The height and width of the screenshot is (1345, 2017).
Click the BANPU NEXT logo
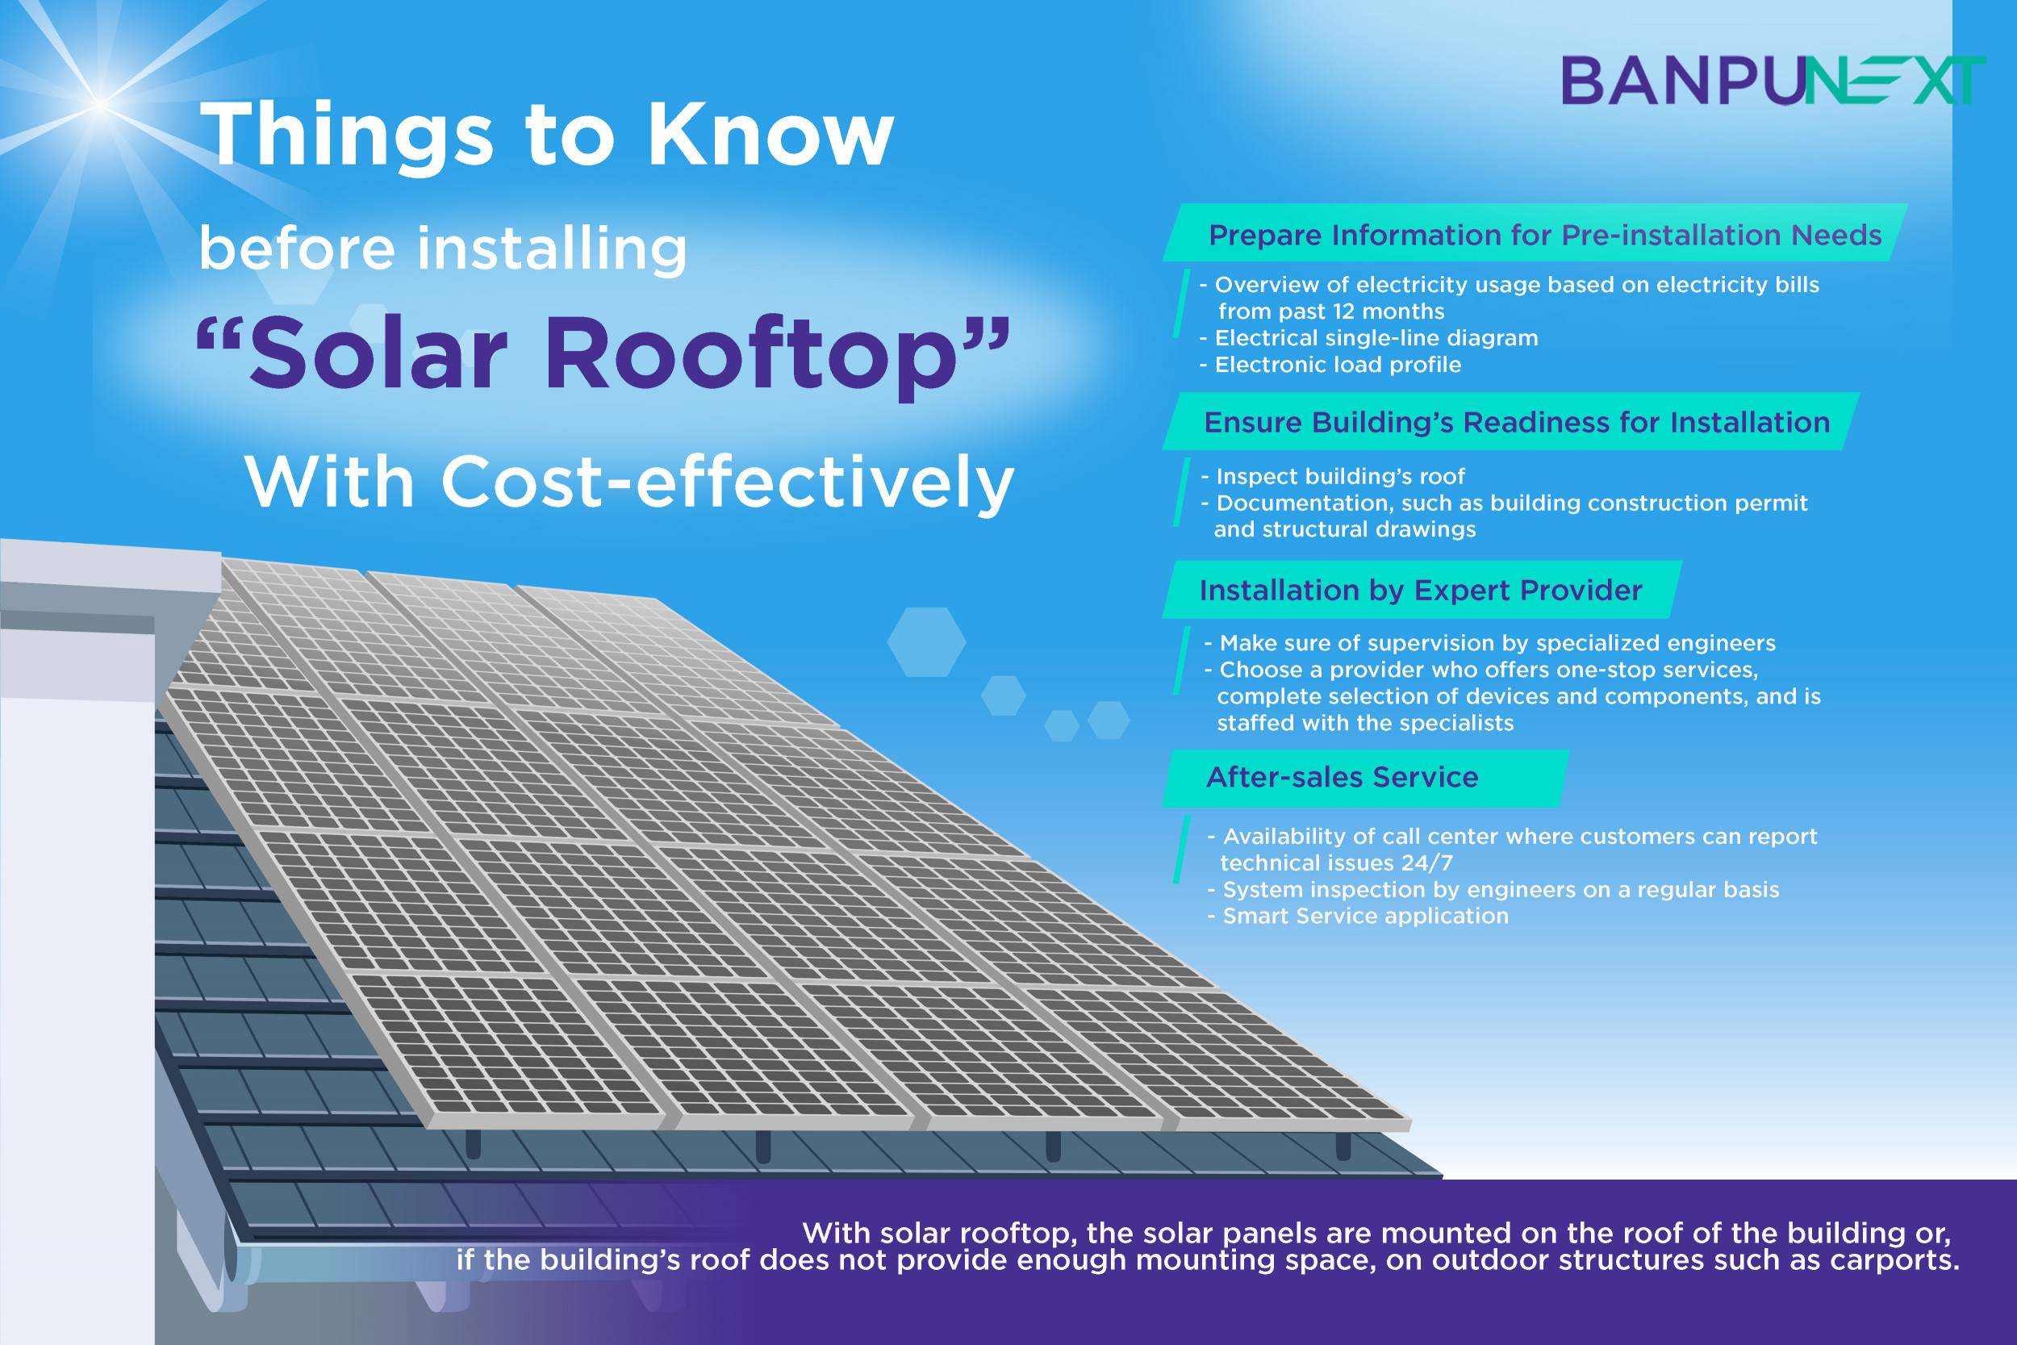(1773, 81)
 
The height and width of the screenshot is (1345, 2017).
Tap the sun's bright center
(99, 105)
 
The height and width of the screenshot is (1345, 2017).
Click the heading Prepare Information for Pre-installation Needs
(1544, 235)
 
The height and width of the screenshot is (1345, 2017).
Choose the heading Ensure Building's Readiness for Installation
(1517, 422)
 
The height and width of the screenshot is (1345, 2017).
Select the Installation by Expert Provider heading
(1420, 590)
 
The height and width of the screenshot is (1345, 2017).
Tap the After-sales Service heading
(1342, 776)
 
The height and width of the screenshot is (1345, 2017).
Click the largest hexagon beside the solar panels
(926, 641)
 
